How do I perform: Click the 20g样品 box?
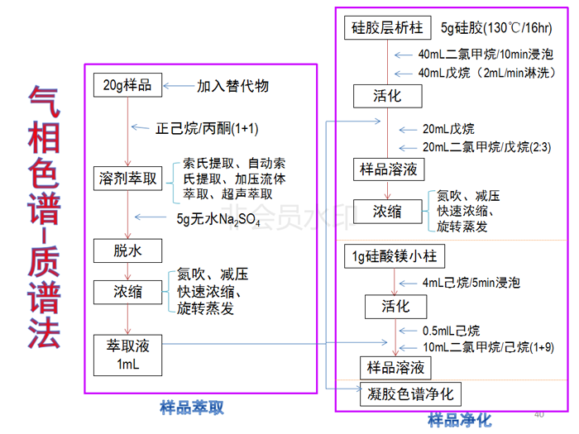(x=128, y=85)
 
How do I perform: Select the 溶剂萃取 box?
(x=127, y=179)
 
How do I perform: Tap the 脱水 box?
(x=128, y=250)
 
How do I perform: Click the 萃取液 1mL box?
(x=127, y=354)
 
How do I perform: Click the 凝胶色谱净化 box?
(x=411, y=393)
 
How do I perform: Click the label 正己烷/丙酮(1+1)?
(x=207, y=129)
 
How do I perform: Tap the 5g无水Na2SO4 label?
(x=218, y=220)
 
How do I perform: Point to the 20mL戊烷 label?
(x=448, y=129)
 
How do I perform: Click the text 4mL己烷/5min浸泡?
(x=471, y=283)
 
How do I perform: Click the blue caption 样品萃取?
(x=191, y=408)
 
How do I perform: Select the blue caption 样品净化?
(x=459, y=420)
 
